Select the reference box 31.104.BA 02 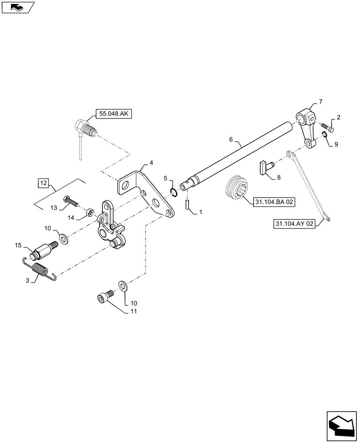point(274,202)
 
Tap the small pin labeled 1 point(187,204)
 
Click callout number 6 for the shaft point(231,140)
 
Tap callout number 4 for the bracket point(151,163)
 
